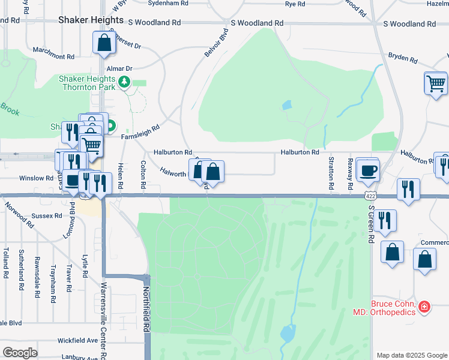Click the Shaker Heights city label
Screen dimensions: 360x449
pyautogui.click(x=91, y=20)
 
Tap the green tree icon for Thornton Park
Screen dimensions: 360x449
pyautogui.click(x=124, y=82)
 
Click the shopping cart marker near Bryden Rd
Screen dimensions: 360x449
pyautogui.click(x=436, y=83)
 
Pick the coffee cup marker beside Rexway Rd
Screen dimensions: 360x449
pyautogui.click(x=367, y=169)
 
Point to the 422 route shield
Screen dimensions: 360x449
pyautogui.click(x=371, y=196)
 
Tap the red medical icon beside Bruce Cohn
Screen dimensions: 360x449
pyautogui.click(x=424, y=307)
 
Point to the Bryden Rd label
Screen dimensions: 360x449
pyautogui.click(x=403, y=58)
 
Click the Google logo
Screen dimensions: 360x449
pyautogui.click(x=20, y=353)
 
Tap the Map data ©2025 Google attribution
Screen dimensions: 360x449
pyautogui.click(x=412, y=355)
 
